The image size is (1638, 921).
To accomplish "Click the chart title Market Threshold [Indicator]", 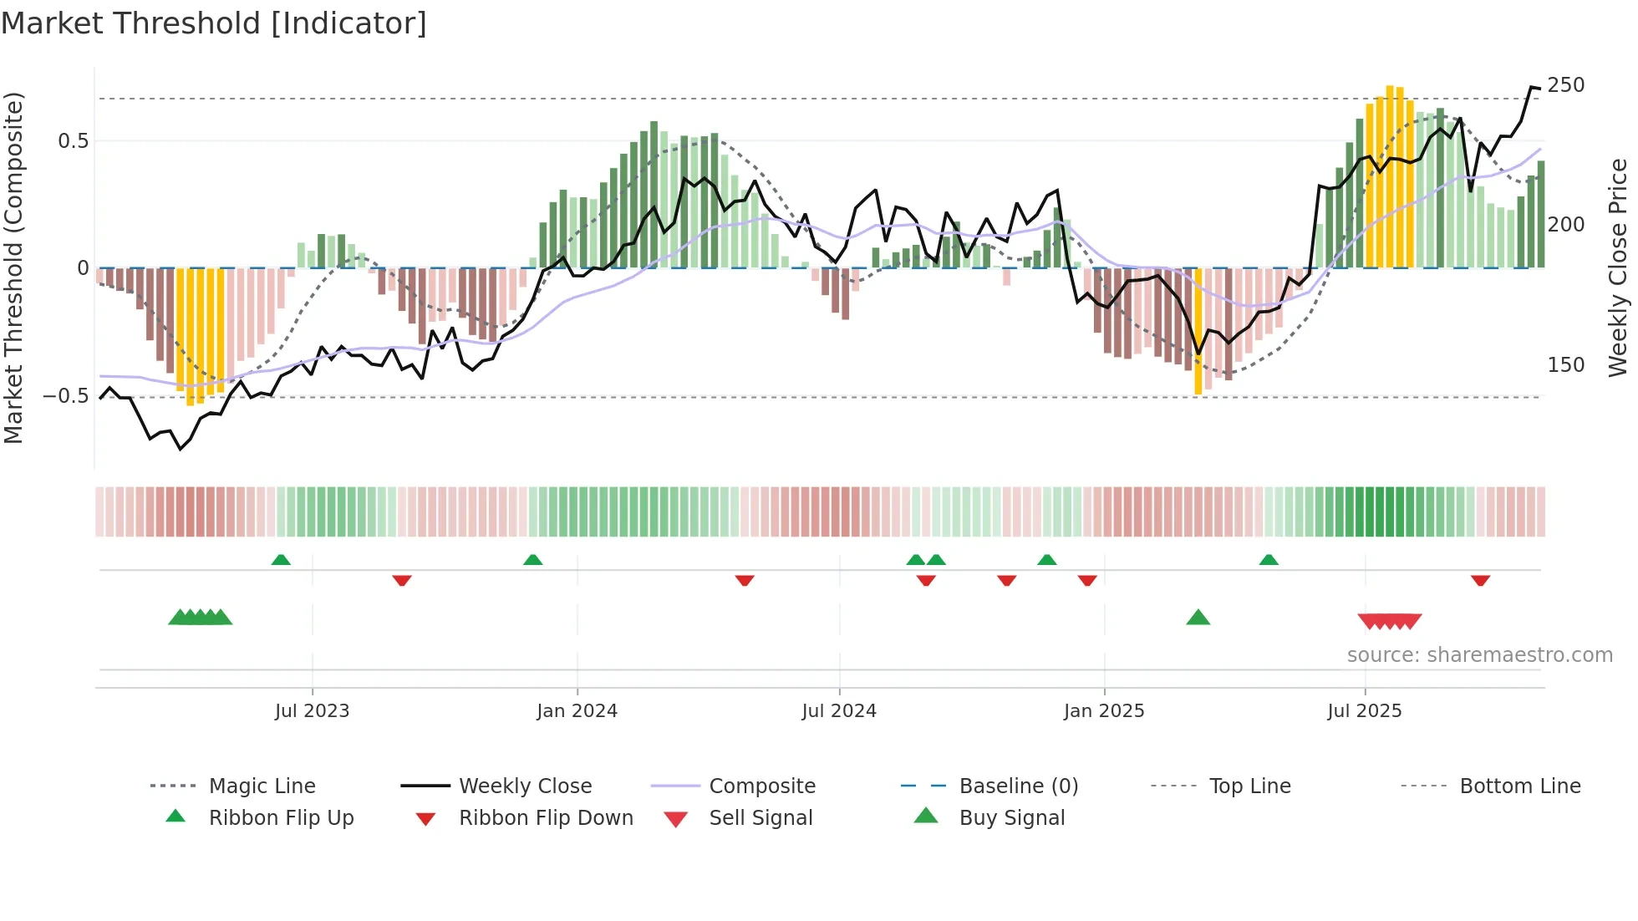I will (214, 23).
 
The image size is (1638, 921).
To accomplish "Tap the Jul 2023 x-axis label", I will (312, 711).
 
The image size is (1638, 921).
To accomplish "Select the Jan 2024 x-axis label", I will (577, 711).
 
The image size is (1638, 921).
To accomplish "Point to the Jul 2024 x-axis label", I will (839, 711).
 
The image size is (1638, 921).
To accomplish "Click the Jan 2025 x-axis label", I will (1104, 711).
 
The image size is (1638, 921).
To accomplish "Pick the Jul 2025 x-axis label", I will (1365, 711).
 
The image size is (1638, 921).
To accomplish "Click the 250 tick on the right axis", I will (1565, 85).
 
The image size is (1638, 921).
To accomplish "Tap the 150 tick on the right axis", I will (1565, 365).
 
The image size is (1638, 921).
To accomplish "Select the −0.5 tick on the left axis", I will (65, 396).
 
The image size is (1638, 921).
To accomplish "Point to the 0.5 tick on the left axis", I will (73, 141).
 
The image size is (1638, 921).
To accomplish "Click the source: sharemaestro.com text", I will (1479, 655).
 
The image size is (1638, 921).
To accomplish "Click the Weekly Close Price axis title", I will (1618, 267).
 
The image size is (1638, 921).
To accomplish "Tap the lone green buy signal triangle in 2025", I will (1198, 618).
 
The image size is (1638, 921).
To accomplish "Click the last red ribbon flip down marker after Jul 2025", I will (1480, 580).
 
